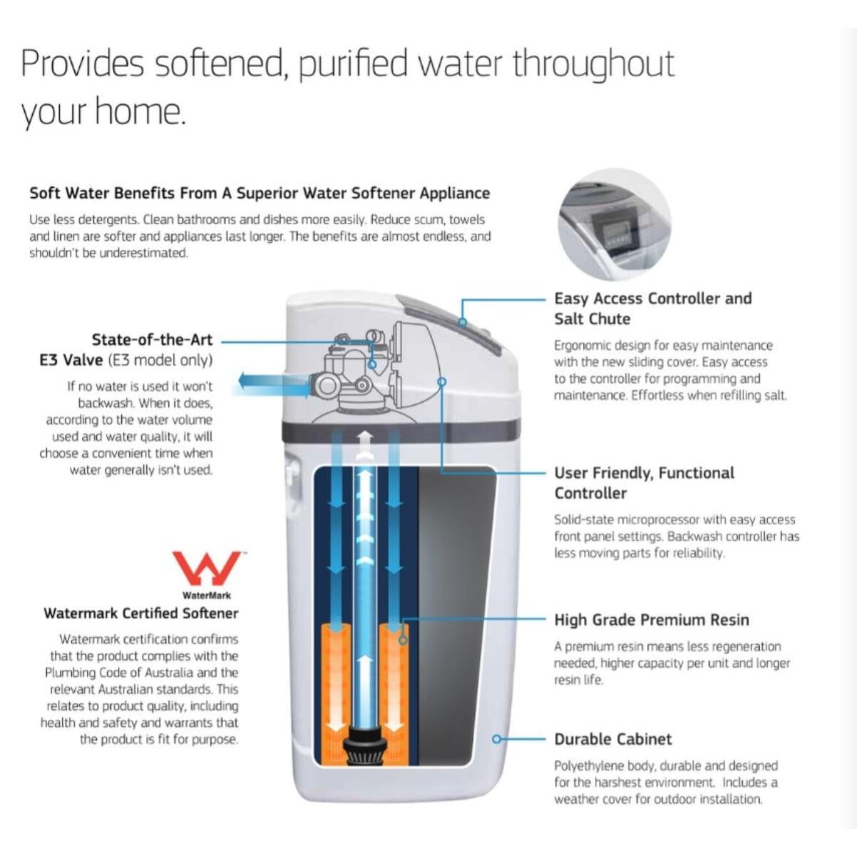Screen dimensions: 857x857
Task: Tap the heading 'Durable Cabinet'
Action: point(613,739)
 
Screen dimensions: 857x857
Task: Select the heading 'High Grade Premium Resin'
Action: point(651,620)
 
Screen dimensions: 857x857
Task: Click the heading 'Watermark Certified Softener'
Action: point(141,613)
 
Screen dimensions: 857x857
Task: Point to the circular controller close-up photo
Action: point(614,225)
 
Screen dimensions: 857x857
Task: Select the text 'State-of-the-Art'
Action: point(151,340)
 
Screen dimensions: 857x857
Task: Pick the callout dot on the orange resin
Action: point(404,640)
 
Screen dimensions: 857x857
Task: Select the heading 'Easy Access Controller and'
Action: point(653,299)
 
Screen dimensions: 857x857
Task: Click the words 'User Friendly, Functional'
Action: point(644,473)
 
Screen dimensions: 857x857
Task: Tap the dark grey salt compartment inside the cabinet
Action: point(457,614)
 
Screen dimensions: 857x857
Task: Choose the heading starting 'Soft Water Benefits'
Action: point(259,193)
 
